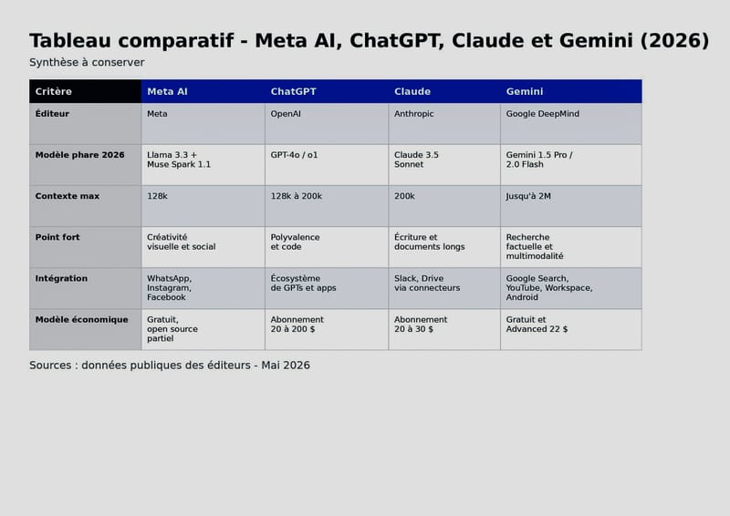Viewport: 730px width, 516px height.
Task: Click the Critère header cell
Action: [85, 91]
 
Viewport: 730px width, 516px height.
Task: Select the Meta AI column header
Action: [203, 91]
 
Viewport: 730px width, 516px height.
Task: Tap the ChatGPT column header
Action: [327, 91]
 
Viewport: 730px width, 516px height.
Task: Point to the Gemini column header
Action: [571, 91]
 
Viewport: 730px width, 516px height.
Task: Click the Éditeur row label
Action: [85, 124]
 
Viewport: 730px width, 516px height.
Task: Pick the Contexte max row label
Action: [85, 206]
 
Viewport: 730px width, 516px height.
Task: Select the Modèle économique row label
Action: [85, 329]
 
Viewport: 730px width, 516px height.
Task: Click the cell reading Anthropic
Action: [444, 124]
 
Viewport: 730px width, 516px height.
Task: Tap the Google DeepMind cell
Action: [571, 124]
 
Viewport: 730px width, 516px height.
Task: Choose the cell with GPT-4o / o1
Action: [327, 165]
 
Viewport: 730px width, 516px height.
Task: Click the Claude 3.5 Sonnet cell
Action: [444, 165]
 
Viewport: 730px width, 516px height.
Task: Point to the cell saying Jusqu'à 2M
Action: [571, 206]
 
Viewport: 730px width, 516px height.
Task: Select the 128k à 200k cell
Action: [327, 206]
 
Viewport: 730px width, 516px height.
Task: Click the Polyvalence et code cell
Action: [327, 247]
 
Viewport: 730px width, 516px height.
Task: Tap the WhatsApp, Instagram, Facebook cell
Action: [203, 288]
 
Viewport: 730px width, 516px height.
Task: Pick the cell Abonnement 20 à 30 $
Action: [444, 329]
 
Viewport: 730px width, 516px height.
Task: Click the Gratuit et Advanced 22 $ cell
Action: [571, 329]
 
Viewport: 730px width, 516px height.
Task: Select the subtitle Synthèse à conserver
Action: [87, 62]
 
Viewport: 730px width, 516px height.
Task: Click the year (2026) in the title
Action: [674, 40]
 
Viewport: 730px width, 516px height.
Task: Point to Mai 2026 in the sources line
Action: [286, 366]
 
